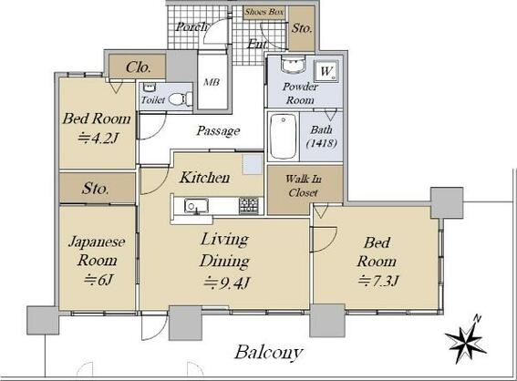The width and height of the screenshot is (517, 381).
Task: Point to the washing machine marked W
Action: coord(326,70)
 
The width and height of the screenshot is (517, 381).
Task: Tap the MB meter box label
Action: coord(210,80)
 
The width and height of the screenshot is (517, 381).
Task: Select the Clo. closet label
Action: coord(139,67)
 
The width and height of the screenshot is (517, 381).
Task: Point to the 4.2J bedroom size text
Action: coord(96,139)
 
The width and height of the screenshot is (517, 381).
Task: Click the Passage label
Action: coord(218,131)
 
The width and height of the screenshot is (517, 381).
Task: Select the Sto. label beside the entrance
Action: coord(302,29)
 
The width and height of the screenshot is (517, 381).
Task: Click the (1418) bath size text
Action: coord(319,144)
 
